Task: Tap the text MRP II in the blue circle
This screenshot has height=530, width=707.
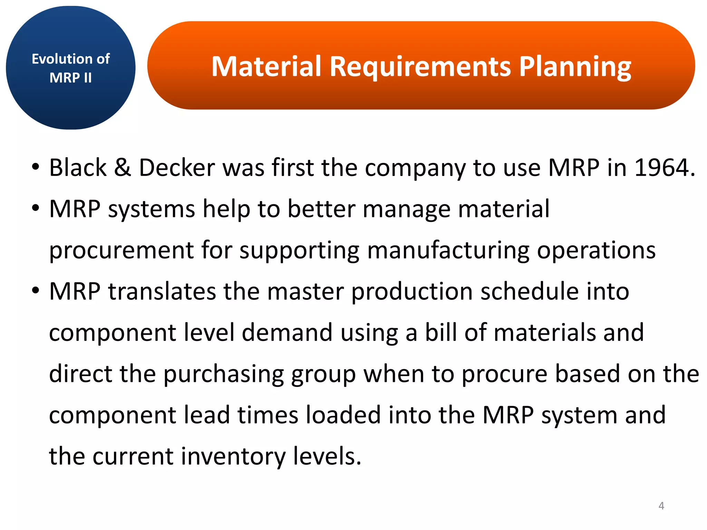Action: point(70,78)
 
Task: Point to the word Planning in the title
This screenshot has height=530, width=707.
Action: point(575,67)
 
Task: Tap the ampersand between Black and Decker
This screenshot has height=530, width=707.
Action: point(123,168)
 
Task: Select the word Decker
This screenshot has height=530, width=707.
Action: point(177,168)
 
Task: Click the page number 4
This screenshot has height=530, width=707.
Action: point(661,506)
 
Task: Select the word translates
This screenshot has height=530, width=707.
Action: point(162,291)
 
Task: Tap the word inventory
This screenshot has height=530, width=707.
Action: point(233,457)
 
